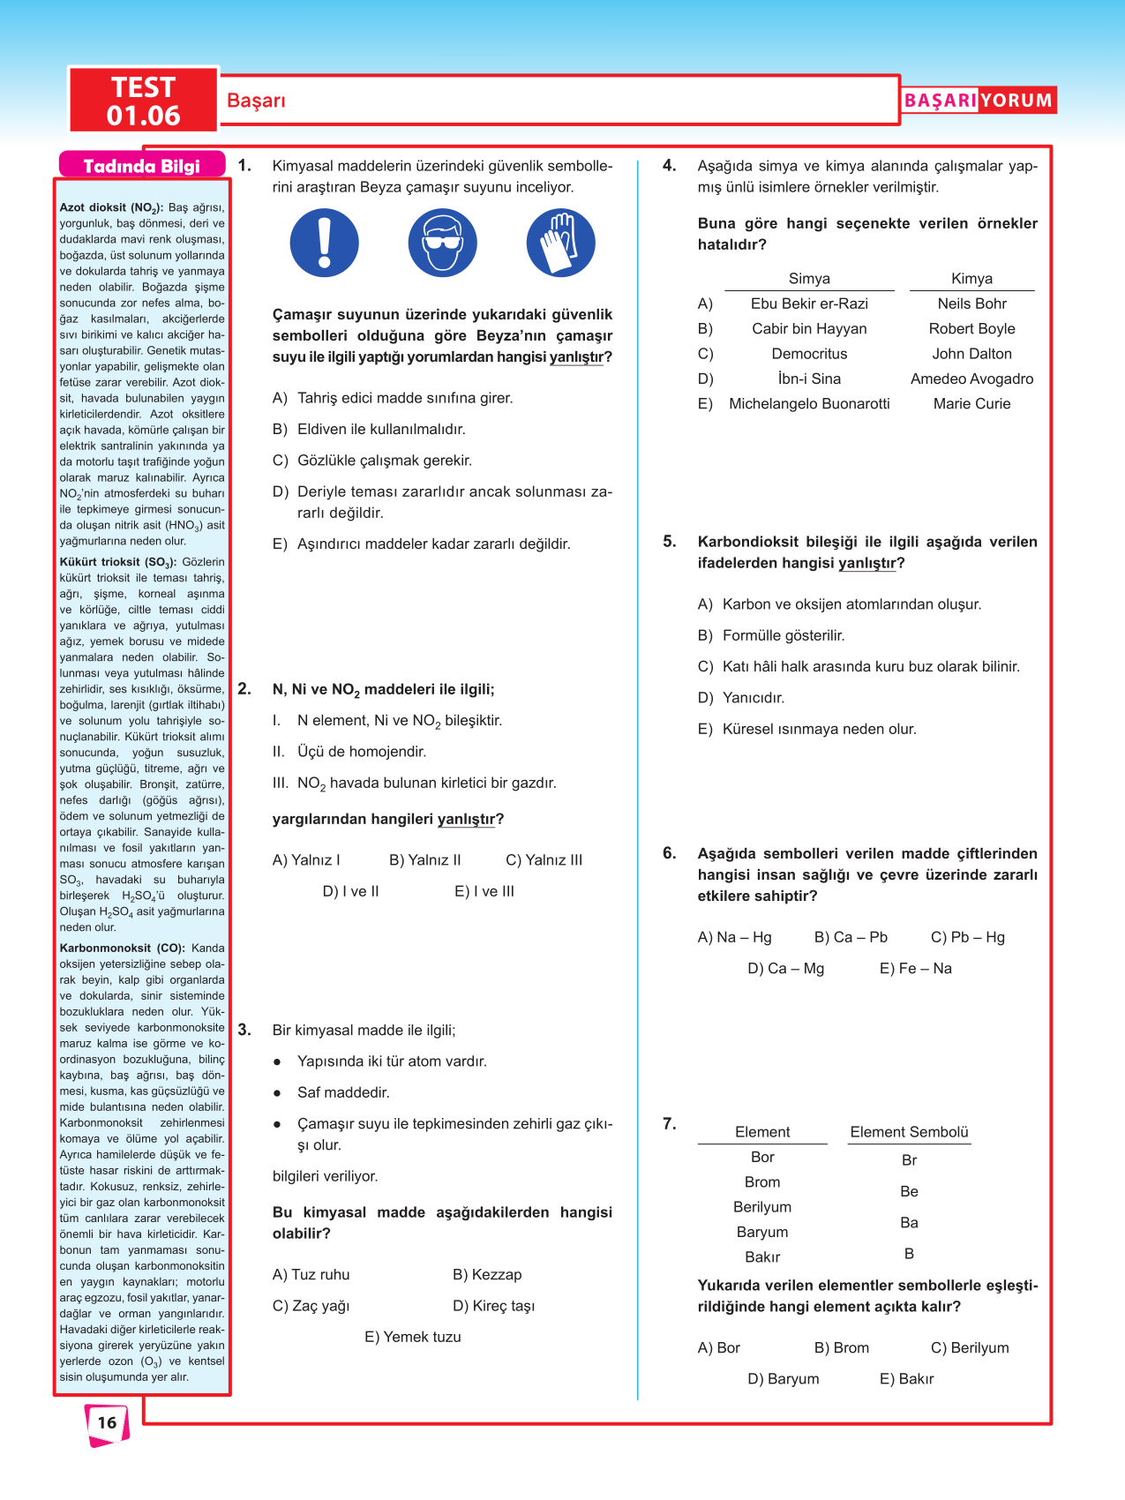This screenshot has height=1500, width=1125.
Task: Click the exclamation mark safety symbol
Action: click(x=325, y=243)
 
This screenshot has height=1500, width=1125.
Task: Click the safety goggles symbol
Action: click(x=443, y=243)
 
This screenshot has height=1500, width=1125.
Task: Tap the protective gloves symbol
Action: click(x=560, y=243)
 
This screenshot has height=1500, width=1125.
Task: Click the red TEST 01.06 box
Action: click(x=144, y=101)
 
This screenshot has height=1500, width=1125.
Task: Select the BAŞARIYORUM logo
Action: click(x=978, y=101)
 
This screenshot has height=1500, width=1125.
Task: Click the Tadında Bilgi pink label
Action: click(x=142, y=166)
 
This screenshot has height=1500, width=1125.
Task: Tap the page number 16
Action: click(x=107, y=1422)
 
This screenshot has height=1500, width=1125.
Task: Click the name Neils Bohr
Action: click(x=971, y=304)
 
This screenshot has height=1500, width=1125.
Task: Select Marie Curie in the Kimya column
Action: click(x=971, y=403)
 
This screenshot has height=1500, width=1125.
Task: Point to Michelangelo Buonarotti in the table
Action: click(x=809, y=403)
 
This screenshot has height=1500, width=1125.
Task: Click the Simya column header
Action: click(x=809, y=279)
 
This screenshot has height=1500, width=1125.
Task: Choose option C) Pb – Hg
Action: click(x=967, y=937)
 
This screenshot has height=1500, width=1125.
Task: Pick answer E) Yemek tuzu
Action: click(x=412, y=1337)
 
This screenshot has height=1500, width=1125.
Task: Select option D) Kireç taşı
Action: click(x=493, y=1306)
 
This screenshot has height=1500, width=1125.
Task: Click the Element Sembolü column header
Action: click(x=909, y=1132)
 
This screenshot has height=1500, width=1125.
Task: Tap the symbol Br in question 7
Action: click(x=909, y=1160)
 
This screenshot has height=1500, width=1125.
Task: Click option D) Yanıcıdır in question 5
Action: click(x=741, y=698)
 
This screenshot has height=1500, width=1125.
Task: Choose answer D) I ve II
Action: click(x=350, y=891)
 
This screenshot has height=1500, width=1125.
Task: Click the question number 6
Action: click(x=670, y=853)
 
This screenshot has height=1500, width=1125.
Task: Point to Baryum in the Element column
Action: click(x=762, y=1232)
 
